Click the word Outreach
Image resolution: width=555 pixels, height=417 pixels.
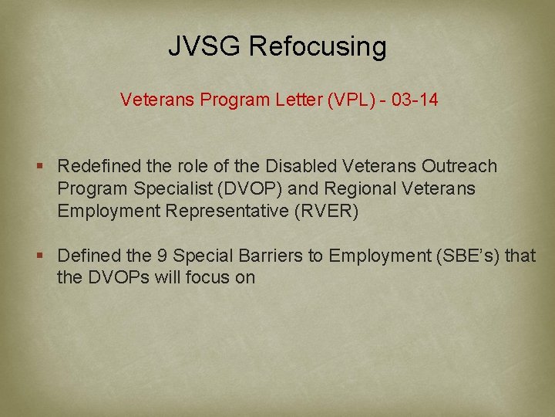[x=459, y=166]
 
